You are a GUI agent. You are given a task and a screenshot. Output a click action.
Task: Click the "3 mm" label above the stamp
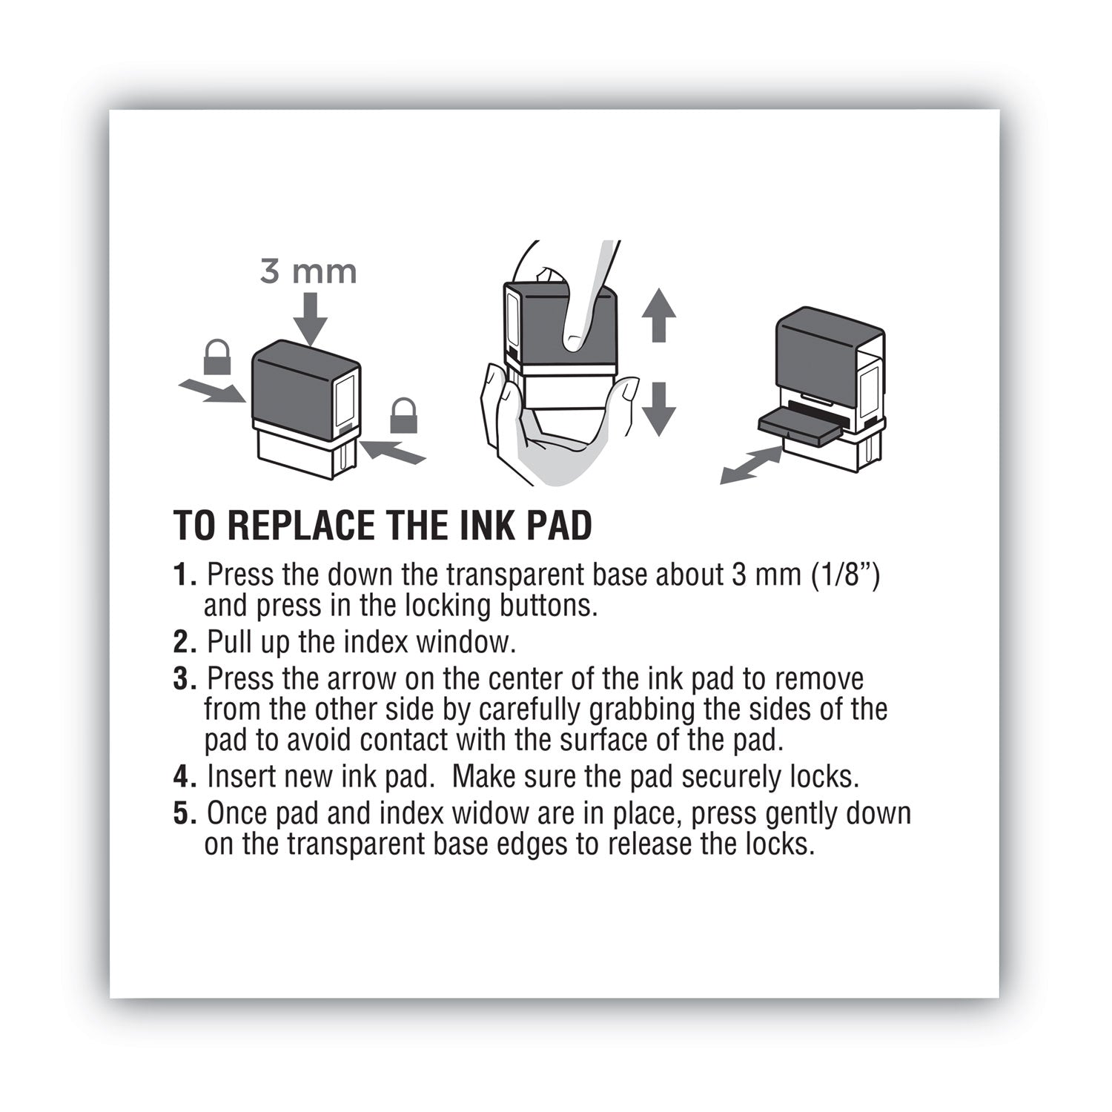[x=308, y=272]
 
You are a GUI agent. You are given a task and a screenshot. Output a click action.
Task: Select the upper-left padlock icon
[x=216, y=358]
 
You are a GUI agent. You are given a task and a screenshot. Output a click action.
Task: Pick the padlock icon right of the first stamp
[x=403, y=416]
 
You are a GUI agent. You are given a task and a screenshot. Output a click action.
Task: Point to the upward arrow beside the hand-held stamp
[x=658, y=314]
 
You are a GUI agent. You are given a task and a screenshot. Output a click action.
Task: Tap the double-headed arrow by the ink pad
[x=751, y=466]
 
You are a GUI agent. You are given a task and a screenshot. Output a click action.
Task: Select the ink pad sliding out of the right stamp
[x=799, y=428]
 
